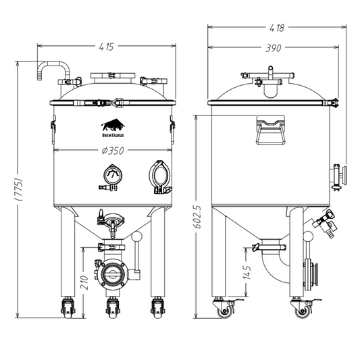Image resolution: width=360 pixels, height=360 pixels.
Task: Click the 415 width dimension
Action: pyautogui.click(x=105, y=47)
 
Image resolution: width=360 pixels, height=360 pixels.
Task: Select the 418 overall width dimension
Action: pyautogui.click(x=276, y=28)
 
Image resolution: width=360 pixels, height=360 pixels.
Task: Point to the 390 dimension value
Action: pyautogui.click(x=272, y=48)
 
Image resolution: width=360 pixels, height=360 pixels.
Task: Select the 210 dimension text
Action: pyautogui.click(x=84, y=280)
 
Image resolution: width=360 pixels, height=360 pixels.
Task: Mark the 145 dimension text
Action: pyautogui.click(x=248, y=272)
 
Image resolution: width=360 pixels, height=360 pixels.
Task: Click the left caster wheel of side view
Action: pyautogui.click(x=223, y=309)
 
